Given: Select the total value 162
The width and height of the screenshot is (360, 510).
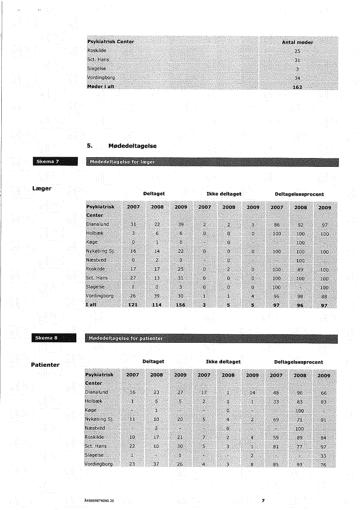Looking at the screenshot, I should point(297,87).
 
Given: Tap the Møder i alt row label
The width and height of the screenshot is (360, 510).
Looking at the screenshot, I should point(100,86).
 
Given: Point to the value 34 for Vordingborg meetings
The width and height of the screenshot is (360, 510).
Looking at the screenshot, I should point(297,78).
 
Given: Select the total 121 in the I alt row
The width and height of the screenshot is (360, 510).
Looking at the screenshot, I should point(133,305).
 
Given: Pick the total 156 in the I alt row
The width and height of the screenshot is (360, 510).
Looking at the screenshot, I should point(180,305).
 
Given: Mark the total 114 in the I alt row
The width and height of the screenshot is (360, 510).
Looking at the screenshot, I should point(156,305).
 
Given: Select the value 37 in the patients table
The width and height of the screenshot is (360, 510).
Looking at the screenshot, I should point(156,464).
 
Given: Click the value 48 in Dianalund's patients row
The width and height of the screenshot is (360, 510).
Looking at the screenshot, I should point(276,393).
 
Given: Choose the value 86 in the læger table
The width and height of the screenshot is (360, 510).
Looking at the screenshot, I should point(276,224).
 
